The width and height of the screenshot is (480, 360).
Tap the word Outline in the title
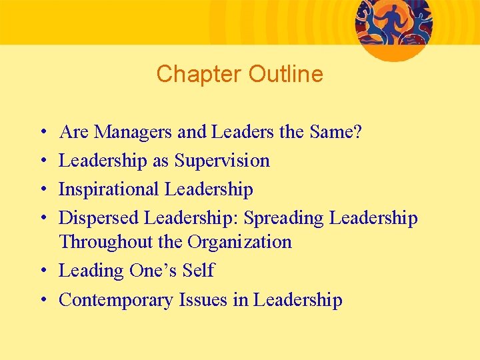pyautogui.click(x=285, y=74)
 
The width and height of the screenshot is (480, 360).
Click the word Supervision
pyautogui.click(x=222, y=161)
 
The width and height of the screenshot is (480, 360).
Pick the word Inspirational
pyautogui.click(x=109, y=189)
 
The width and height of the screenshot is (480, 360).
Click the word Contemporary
pyautogui.click(x=117, y=300)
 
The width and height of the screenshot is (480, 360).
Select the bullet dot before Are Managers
pyautogui.click(x=42, y=133)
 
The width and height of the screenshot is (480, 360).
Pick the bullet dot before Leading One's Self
pyautogui.click(x=42, y=271)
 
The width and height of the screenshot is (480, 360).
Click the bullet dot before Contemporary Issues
pyautogui.click(x=42, y=301)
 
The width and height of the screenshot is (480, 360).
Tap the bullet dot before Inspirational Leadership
pyautogui.click(x=42, y=190)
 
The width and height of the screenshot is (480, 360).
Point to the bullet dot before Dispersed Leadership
pyautogui.click(x=42, y=219)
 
